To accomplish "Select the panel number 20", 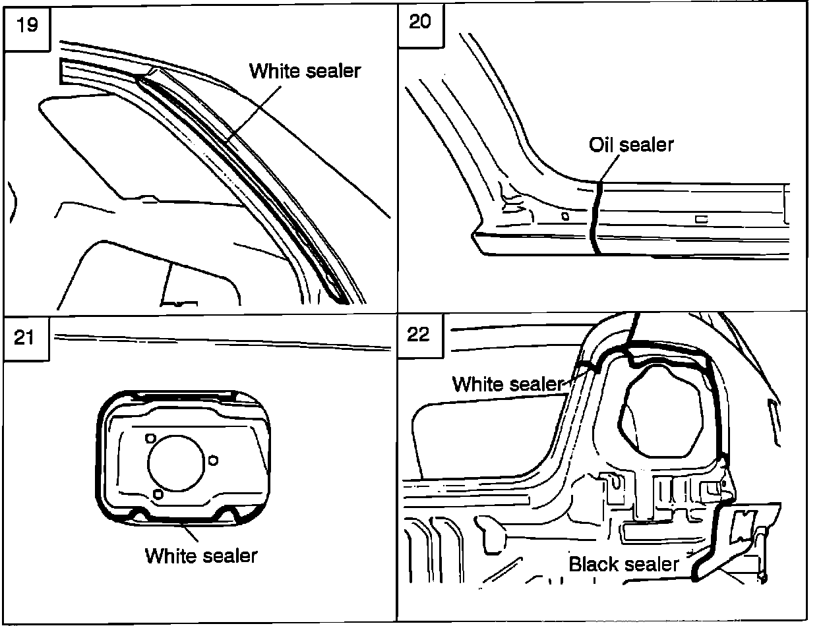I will (420, 21).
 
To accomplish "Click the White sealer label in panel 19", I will (305, 71).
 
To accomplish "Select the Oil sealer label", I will (631, 144).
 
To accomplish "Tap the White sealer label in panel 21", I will (201, 555).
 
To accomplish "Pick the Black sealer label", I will (623, 564).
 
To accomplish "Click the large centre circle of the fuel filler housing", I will (177, 465).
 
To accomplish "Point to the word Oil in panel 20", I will (602, 144).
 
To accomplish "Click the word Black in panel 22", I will (592, 564).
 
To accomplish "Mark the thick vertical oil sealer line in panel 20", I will (594, 217).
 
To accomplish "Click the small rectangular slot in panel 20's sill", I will (701, 219).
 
